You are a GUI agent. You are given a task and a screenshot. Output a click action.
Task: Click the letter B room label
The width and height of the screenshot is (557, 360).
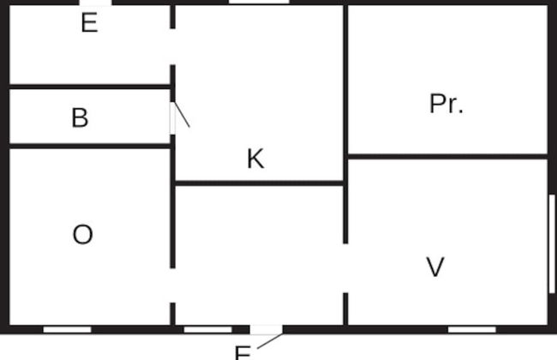coord(80,117)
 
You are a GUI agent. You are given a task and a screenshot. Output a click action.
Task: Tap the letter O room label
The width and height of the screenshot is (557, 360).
coord(82,235)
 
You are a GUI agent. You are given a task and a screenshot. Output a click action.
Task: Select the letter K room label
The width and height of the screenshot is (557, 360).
coord(255,159)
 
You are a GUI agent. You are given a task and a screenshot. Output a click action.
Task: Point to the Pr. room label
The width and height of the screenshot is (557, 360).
coord(446,104)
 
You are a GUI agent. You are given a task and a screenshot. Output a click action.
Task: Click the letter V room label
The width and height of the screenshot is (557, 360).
coord(435,267)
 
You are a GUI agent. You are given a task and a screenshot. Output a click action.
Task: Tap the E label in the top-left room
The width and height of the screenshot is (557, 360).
coord(89,23)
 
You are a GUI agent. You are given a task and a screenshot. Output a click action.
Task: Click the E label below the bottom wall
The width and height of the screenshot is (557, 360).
coord(243,352)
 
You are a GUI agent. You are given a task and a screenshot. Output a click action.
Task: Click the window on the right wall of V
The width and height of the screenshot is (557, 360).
coord(551,243)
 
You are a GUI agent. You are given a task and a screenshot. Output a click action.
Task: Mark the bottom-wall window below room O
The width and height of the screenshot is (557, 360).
coord(67,329)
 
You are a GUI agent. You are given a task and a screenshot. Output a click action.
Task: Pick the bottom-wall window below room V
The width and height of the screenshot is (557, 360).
coord(471,329)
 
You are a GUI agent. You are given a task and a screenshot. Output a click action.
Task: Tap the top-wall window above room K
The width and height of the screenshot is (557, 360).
coord(258,3)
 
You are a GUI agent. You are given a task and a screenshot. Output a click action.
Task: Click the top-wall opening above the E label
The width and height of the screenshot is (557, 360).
coord(94,3)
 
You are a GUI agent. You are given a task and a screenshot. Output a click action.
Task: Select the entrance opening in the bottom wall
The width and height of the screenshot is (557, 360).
coord(266,329)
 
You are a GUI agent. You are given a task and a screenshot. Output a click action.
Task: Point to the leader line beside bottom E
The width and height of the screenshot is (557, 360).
coord(269,341)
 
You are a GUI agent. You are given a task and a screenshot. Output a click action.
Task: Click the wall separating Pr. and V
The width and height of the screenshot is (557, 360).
coord(446,156)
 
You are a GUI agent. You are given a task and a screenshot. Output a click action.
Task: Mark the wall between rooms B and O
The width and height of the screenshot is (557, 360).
coord(90,146)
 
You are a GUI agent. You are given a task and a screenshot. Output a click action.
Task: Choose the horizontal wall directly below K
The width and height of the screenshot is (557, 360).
coord(259,183)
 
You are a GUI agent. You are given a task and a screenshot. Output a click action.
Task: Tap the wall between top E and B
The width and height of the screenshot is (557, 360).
coord(90,86)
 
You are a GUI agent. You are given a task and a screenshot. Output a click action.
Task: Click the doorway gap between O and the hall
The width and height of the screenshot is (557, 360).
coord(172,285)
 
